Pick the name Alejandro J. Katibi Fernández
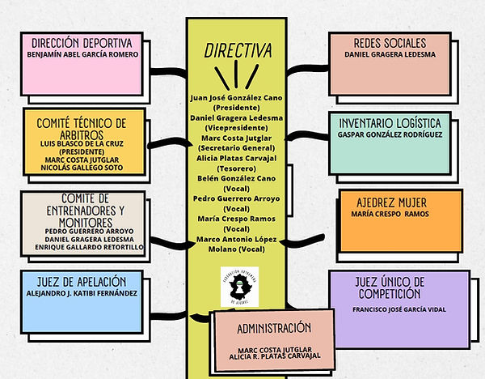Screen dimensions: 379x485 point(82,292)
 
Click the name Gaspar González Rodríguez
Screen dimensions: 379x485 point(390,135)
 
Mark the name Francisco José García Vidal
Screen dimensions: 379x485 point(400,309)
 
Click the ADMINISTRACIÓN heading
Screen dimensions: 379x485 point(274,328)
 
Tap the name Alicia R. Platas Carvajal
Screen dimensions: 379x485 point(274,355)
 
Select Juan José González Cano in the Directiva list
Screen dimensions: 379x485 point(235,97)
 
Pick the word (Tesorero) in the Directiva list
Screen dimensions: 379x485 point(235,169)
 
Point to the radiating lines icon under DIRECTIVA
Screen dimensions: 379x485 point(236,77)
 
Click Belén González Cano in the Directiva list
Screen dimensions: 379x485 point(235,179)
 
